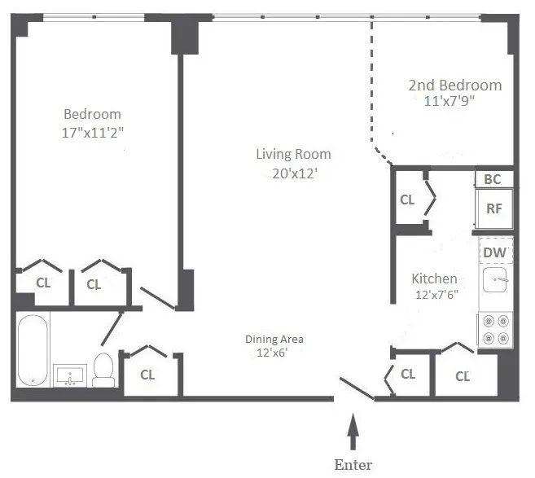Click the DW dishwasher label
pyautogui.click(x=494, y=252)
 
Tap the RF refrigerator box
pyautogui.click(x=493, y=208)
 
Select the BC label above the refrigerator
pyautogui.click(x=493, y=179)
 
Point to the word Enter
pyautogui.click(x=353, y=464)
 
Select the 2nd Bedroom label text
pyautogui.click(x=454, y=86)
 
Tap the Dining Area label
pyautogui.click(x=274, y=340)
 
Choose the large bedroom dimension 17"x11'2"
pyautogui.click(x=92, y=131)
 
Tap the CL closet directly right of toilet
pyautogui.click(x=147, y=375)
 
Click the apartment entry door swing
pyautogui.click(x=357, y=389)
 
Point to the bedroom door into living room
pyautogui.click(x=157, y=298)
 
